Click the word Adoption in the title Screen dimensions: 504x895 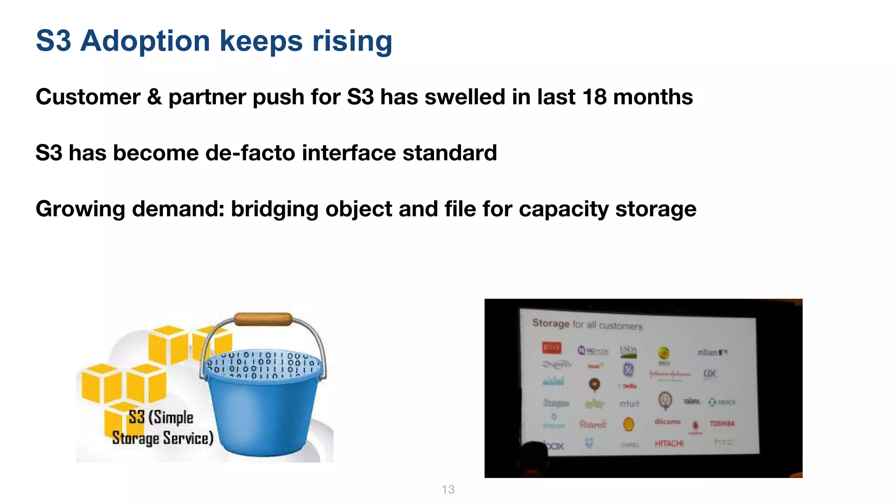pyautogui.click(x=145, y=41)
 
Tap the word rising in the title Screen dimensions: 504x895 pyautogui.click(x=352, y=41)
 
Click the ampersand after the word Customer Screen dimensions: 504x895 pyautogui.click(x=154, y=97)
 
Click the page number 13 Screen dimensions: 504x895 pyautogui.click(x=448, y=490)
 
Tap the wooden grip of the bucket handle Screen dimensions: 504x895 pyautogui.click(x=263, y=319)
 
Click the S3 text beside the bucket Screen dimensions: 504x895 pyautogui.click(x=136, y=417)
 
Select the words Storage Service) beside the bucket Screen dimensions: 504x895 pyautogui.click(x=163, y=438)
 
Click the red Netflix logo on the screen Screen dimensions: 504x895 pyautogui.click(x=552, y=348)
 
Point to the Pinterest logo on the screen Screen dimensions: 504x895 pyautogui.click(x=593, y=424)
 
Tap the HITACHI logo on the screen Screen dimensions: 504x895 pyautogui.click(x=669, y=443)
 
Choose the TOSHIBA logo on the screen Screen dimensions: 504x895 pyautogui.click(x=722, y=423)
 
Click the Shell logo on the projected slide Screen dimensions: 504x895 pyautogui.click(x=628, y=423)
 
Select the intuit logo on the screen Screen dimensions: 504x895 pyautogui.click(x=629, y=403)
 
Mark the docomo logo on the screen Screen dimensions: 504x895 pyautogui.click(x=667, y=422)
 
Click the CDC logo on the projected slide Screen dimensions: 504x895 pyautogui.click(x=710, y=373)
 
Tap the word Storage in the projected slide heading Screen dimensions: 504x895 pyautogui.click(x=551, y=323)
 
